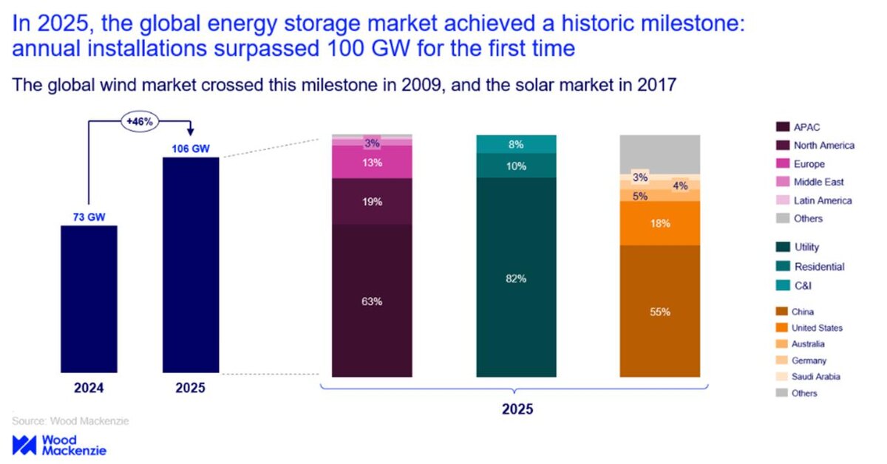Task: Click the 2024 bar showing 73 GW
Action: (x=88, y=298)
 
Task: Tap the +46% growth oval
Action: (x=139, y=121)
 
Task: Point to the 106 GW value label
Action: (x=191, y=149)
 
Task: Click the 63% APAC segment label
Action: (x=372, y=301)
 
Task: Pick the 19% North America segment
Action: (x=372, y=200)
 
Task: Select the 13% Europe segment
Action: (x=372, y=162)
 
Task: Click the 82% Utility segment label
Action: (x=516, y=279)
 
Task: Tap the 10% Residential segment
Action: (x=516, y=166)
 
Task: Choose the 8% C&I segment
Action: (x=516, y=145)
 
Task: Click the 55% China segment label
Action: (x=659, y=312)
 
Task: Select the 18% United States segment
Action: (x=659, y=222)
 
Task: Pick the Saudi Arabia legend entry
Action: (x=815, y=376)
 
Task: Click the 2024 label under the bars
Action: (x=88, y=388)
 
